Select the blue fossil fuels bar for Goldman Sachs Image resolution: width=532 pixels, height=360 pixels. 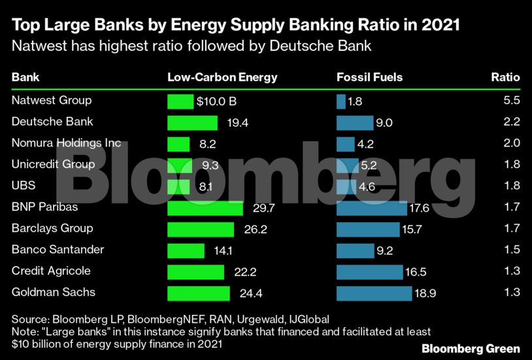(374, 293)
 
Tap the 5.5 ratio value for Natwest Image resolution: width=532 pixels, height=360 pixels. (512, 101)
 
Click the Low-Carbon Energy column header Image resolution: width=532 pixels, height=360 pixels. (222, 77)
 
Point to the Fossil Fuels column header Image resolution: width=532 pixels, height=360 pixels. (369, 77)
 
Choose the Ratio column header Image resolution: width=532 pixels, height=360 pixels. (505, 77)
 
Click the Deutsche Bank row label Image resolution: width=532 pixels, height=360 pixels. (52, 122)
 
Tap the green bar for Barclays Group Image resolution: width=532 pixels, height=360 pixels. (201, 229)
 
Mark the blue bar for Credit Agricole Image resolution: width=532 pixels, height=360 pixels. (369, 272)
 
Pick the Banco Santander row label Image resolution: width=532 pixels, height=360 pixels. (58, 250)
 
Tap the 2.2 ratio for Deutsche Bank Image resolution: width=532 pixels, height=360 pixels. (512, 122)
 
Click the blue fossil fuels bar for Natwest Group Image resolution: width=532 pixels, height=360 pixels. (341, 102)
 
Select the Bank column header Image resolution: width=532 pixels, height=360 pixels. (25, 77)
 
